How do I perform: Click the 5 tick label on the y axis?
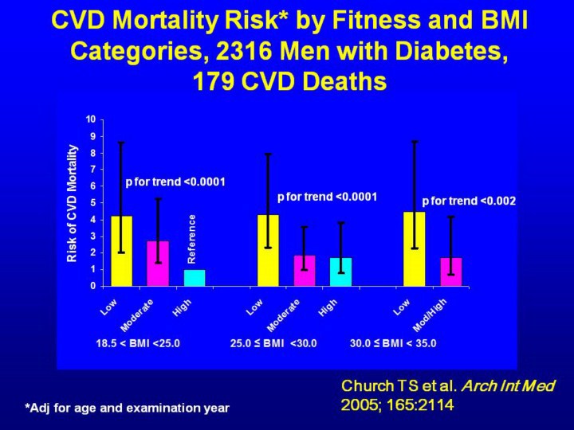(x=92, y=202)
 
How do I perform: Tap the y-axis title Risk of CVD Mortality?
(x=73, y=203)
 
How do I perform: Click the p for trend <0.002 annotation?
(x=469, y=201)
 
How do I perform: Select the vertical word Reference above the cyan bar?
(x=191, y=239)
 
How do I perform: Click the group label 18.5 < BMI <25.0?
(x=138, y=344)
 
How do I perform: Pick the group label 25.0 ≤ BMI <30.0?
(x=273, y=344)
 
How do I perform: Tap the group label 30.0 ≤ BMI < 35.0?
(x=393, y=344)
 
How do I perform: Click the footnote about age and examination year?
(x=128, y=408)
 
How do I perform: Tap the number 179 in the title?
(x=213, y=81)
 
